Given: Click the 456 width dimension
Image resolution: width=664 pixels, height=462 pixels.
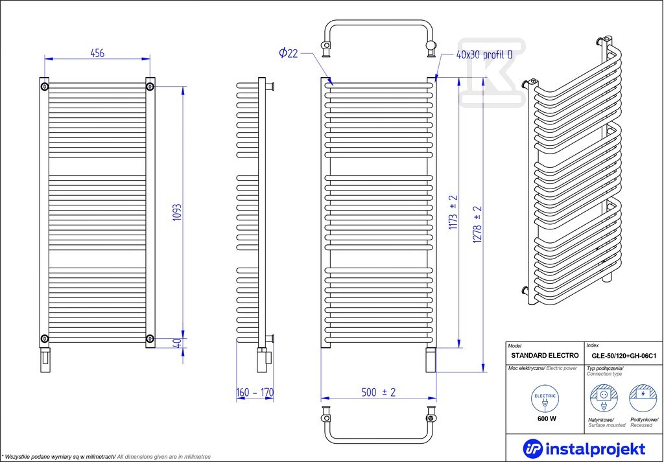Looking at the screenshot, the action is pyautogui.click(x=97, y=53).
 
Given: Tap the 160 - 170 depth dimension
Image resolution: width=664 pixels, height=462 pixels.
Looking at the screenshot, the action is pyautogui.click(x=255, y=393).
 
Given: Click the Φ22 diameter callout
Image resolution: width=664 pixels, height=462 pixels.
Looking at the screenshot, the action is pyautogui.click(x=289, y=53).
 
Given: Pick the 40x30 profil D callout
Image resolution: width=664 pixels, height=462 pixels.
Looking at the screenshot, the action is pyautogui.click(x=484, y=56).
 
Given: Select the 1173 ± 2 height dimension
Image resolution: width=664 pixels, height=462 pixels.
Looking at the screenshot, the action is pyautogui.click(x=453, y=213).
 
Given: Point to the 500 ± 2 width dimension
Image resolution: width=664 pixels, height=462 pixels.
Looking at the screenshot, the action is pyautogui.click(x=379, y=392).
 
